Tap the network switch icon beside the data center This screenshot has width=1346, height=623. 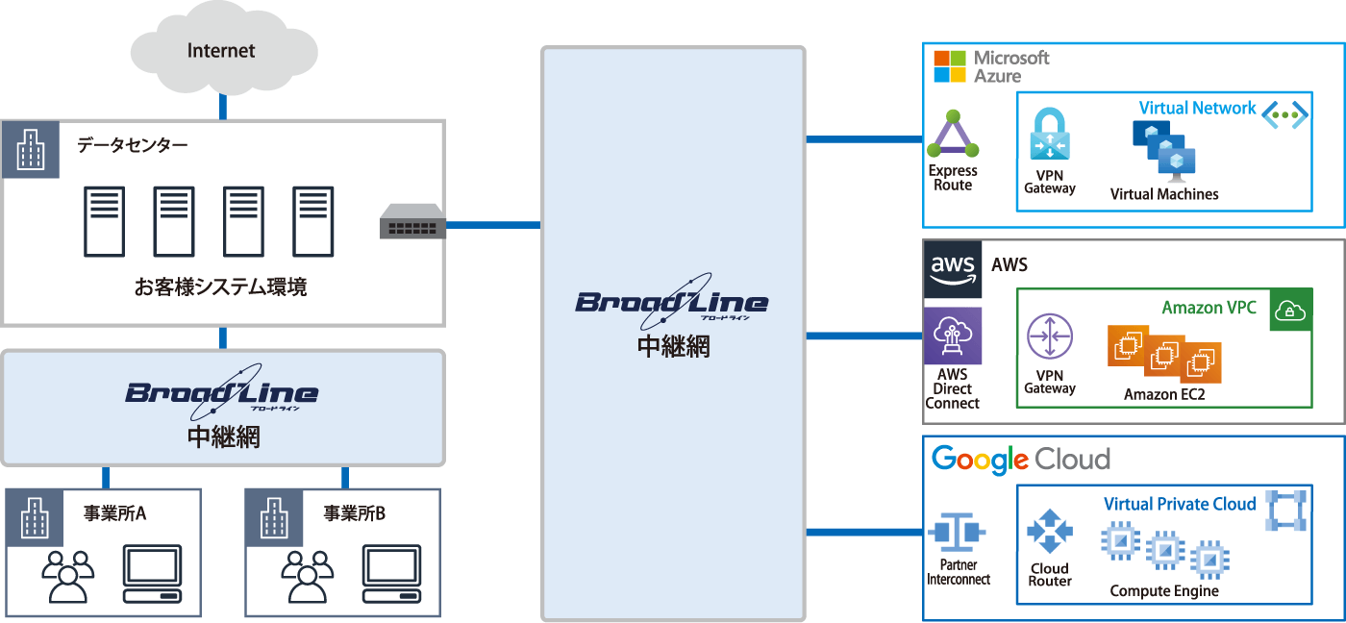(412, 222)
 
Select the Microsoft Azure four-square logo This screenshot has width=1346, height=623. (950, 66)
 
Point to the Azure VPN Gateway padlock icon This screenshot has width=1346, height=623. (1049, 136)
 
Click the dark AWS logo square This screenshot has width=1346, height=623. (953, 269)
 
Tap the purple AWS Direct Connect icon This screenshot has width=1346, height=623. (953, 336)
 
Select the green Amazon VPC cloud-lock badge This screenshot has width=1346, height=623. (1291, 310)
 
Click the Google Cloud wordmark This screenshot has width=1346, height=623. (1021, 460)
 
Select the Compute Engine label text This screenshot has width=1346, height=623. (1164, 591)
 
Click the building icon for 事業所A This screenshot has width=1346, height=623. (35, 518)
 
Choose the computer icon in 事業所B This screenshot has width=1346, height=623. (392, 574)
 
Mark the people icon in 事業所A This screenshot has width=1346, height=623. (68, 576)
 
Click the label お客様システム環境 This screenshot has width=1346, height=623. (221, 287)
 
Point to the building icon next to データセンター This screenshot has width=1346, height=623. (31, 150)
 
